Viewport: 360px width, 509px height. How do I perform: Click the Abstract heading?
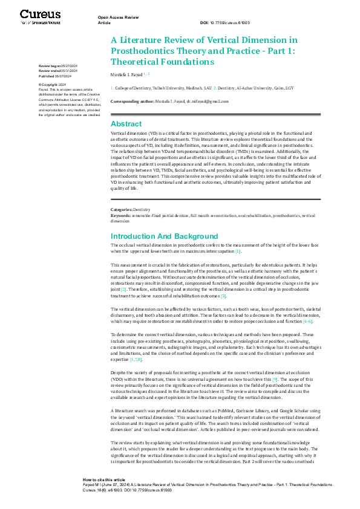(126, 123)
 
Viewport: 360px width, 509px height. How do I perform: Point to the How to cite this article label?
(104, 479)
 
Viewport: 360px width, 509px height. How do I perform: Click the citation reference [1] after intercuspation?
(238, 251)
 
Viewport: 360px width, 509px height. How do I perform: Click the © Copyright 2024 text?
(53, 85)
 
